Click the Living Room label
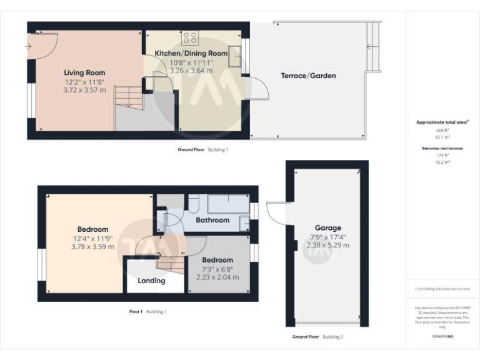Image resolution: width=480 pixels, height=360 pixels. coord(84,72)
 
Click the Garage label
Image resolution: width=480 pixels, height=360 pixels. coord(328,228)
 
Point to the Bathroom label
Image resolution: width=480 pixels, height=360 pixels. coord(212,220)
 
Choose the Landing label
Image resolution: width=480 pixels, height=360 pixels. coord(151,281)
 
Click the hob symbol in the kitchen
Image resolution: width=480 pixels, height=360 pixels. coord(189,37)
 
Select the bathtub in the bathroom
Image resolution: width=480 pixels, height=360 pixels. coord(227,204)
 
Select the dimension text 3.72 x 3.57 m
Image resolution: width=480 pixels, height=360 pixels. coord(84,90)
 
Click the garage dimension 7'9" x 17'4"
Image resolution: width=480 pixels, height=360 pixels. coord(328,237)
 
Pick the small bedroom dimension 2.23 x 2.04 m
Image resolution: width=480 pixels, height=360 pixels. coord(217,277)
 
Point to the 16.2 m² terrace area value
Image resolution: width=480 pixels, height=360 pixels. coord(442,161)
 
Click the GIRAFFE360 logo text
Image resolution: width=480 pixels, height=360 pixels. coord(442,336)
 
